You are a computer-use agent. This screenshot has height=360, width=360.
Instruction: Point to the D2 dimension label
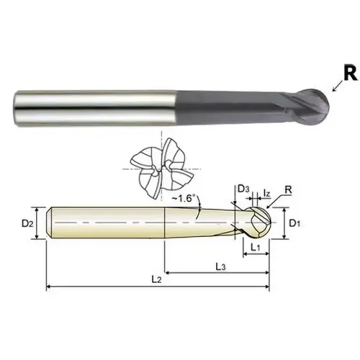(x=27, y=224)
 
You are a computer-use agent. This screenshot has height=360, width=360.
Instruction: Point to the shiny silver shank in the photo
(x=94, y=108)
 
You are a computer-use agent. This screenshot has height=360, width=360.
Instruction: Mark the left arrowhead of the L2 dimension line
(x=49, y=288)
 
